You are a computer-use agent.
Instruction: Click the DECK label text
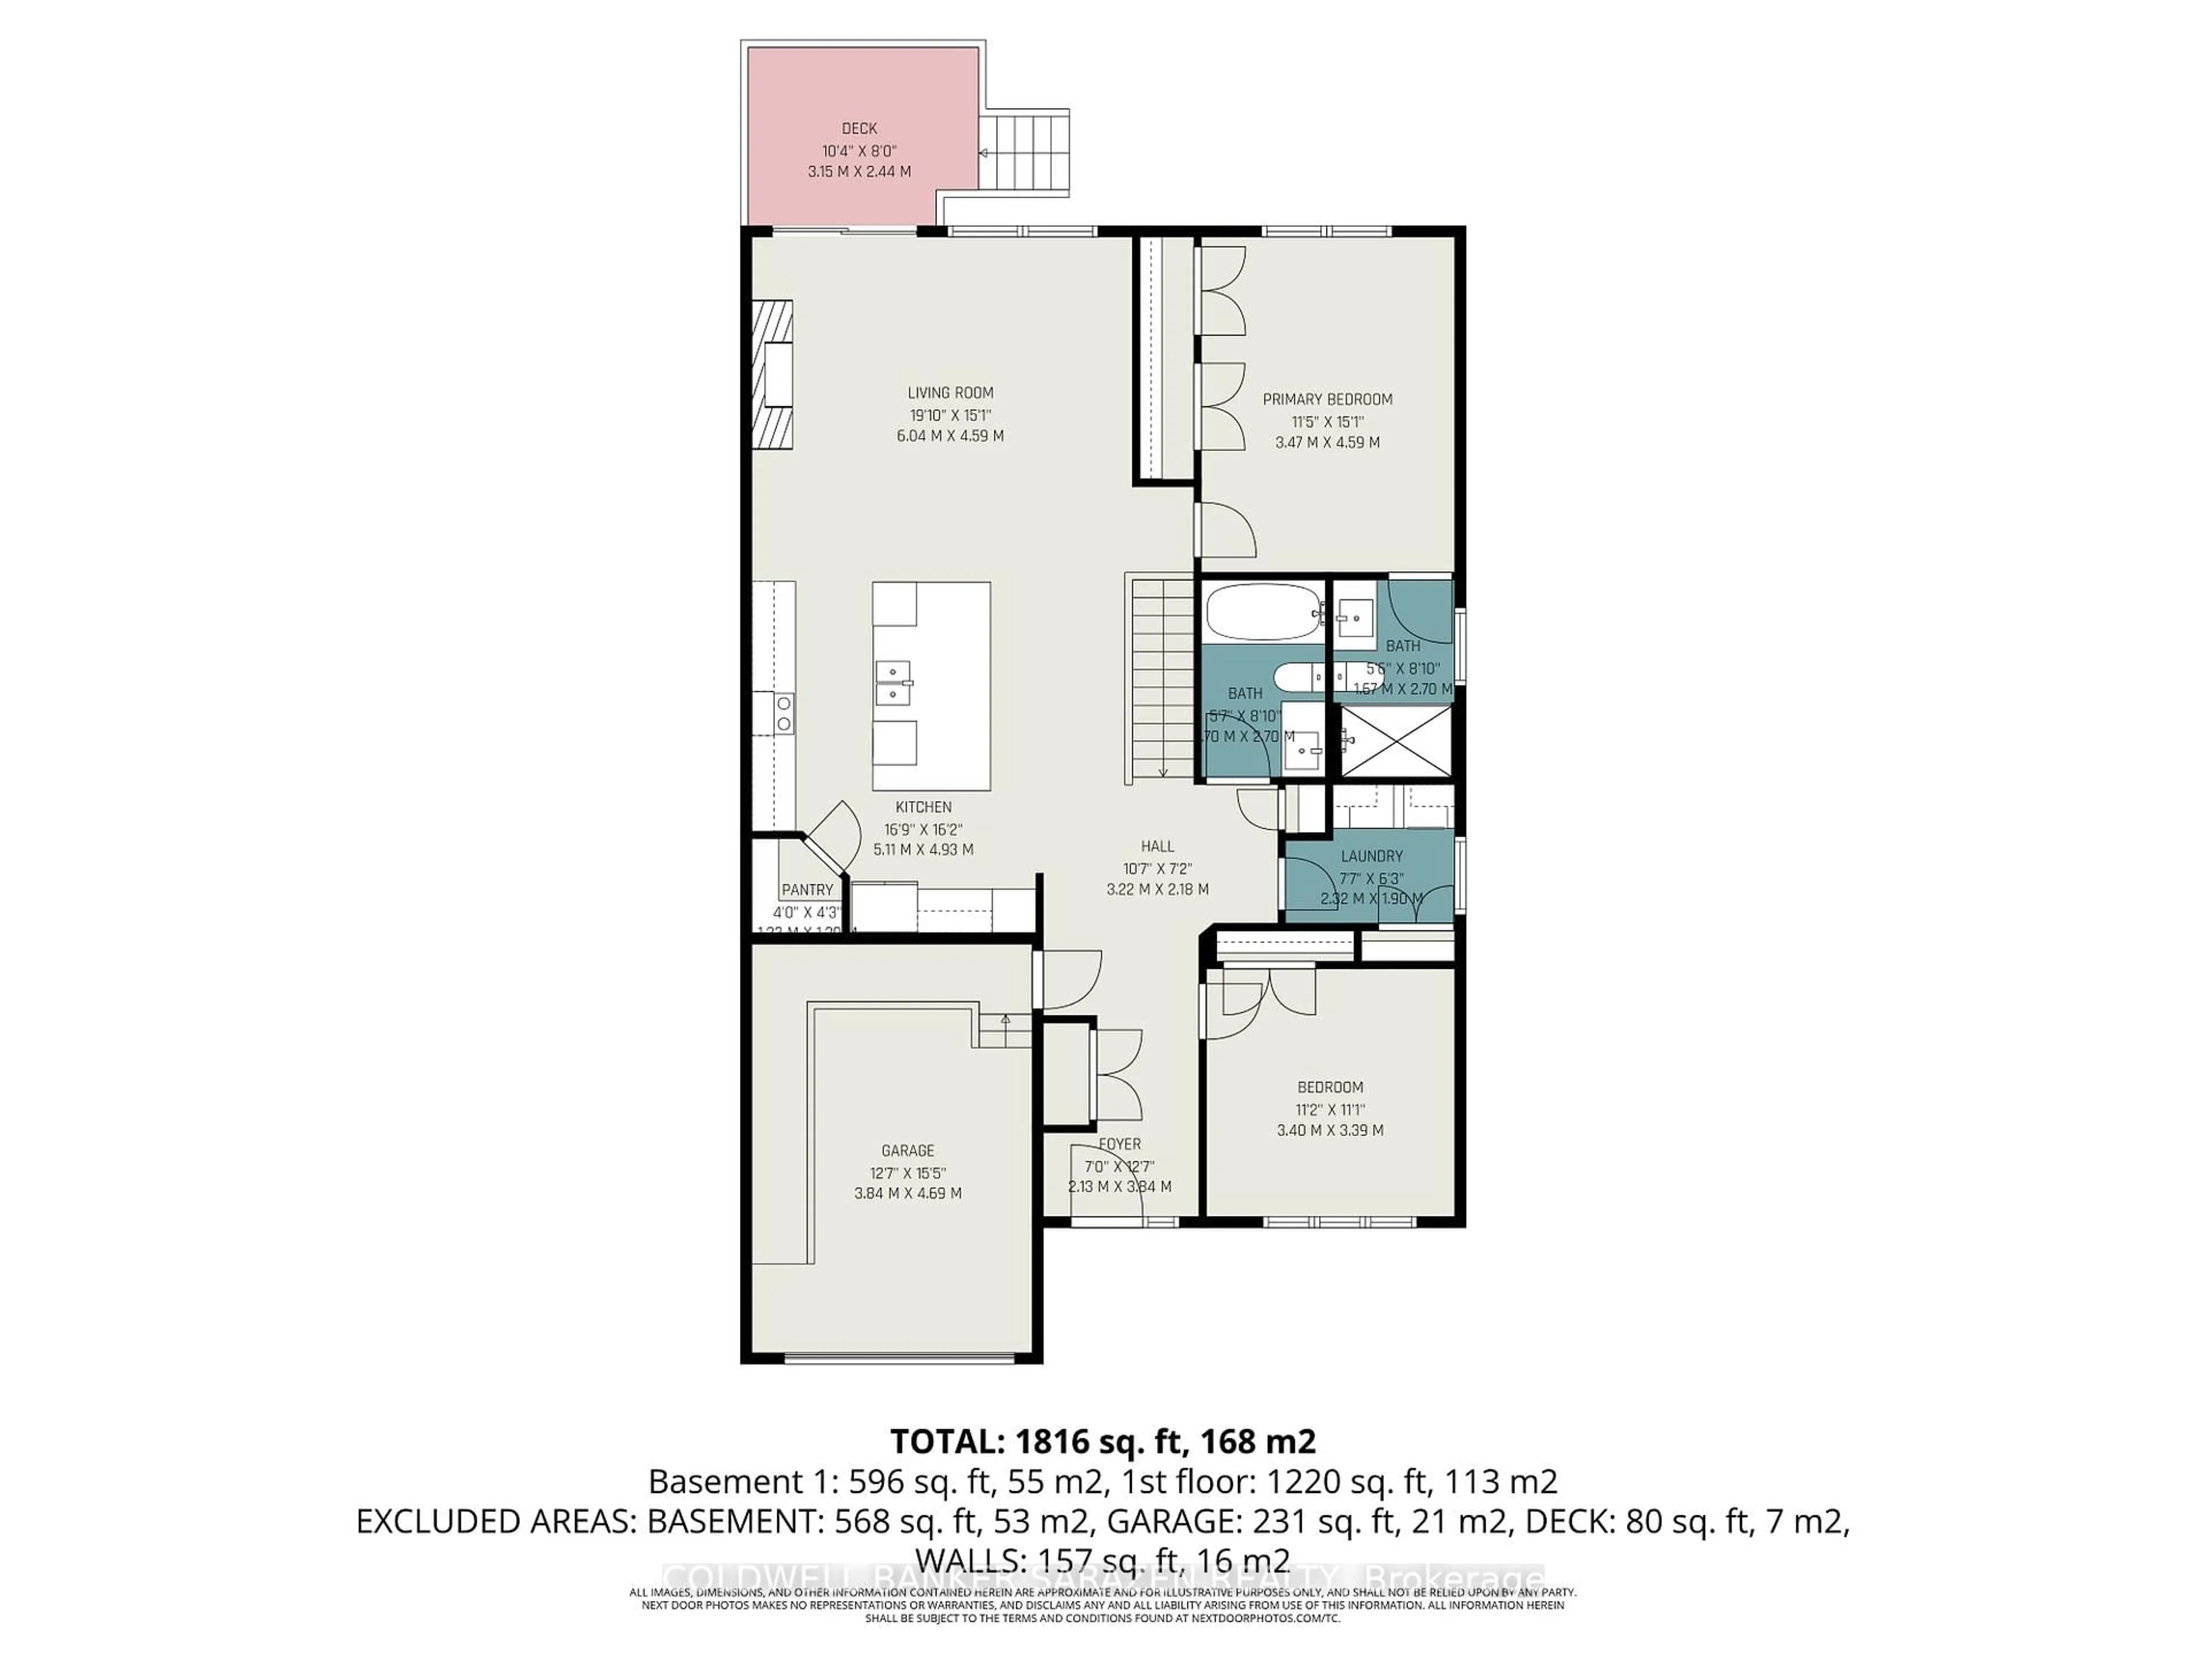pos(859,129)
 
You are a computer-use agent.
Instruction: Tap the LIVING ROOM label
pos(950,393)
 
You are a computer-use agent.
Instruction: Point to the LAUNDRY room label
pos(1371,856)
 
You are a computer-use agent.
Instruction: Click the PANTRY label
pos(807,890)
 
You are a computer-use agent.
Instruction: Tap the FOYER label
pos(1119,1144)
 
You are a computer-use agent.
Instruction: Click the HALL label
pos(1157,846)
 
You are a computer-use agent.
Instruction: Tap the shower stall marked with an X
pos(1394,740)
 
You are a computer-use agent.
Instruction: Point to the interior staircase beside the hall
pos(1162,688)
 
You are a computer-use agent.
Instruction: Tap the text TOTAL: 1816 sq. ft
pos(1101,1441)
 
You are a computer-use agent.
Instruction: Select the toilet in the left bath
pos(1297,678)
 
